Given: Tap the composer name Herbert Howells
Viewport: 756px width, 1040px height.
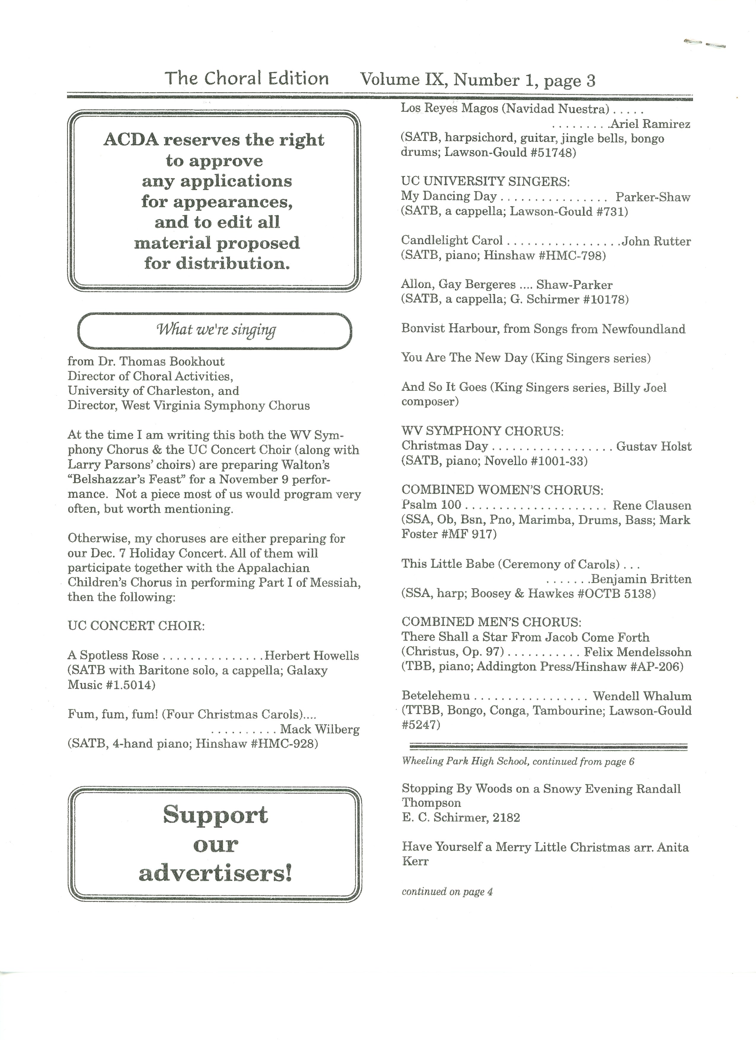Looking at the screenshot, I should (x=312, y=655).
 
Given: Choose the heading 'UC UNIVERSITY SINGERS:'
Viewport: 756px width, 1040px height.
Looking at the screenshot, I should (x=485, y=182).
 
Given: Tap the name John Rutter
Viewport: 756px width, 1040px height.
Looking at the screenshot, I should (x=656, y=241).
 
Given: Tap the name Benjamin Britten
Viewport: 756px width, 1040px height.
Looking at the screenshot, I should (x=641, y=579).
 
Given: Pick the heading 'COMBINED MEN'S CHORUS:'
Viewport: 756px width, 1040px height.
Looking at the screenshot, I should (x=491, y=622).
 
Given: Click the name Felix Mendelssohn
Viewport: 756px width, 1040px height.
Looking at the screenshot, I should (x=638, y=652).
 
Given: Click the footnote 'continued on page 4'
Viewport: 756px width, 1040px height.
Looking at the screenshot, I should (x=447, y=892).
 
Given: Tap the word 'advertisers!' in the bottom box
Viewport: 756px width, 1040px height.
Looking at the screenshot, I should (x=216, y=873).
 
